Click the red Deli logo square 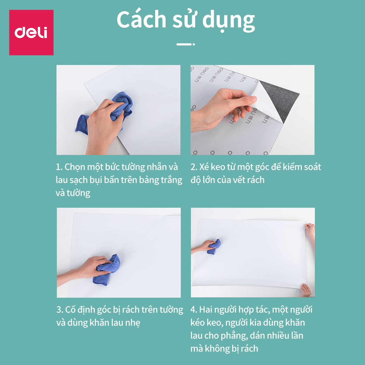click(31, 32)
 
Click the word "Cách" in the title click(141, 19)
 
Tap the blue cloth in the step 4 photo click(214, 246)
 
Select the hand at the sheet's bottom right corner click(306, 290)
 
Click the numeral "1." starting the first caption click(59, 167)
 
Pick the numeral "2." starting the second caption click(194, 167)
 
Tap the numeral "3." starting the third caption click(60, 310)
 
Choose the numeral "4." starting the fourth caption click(194, 310)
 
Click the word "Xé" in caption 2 click(204, 167)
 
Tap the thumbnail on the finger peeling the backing click(253, 99)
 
